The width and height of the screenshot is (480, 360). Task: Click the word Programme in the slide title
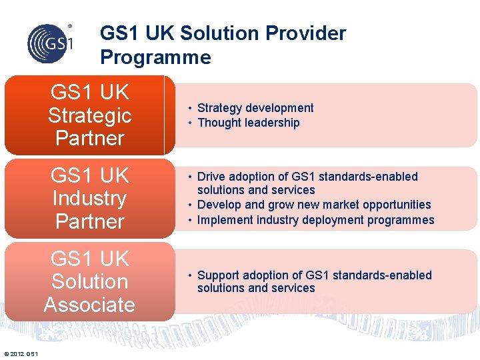click(155, 57)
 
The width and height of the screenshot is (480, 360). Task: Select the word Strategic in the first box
click(90, 115)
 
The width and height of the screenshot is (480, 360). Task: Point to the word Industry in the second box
click(90, 198)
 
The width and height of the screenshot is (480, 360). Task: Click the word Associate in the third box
click(90, 305)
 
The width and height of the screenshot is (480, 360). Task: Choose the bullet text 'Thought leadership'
click(249, 123)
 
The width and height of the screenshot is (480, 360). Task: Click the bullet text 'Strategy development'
click(255, 108)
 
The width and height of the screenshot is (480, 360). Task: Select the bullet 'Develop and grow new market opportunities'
click(314, 205)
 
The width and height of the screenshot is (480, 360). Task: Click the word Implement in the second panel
click(225, 220)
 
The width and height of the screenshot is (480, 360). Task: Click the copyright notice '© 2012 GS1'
click(21, 353)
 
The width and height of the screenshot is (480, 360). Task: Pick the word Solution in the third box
click(90, 281)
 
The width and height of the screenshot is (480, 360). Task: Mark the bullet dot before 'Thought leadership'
click(190, 123)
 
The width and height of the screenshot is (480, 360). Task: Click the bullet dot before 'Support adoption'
click(190, 275)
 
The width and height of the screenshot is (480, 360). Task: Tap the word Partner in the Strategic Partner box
click(90, 138)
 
